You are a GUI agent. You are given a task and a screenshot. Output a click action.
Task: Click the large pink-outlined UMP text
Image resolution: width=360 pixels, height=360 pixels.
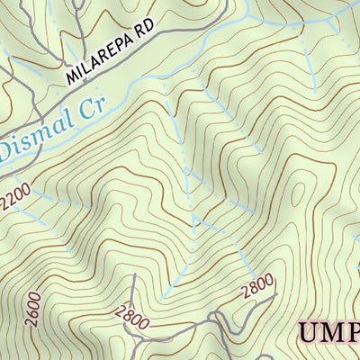click(328, 334)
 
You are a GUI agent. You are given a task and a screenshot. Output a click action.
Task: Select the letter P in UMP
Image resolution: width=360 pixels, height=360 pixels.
click(353, 334)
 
